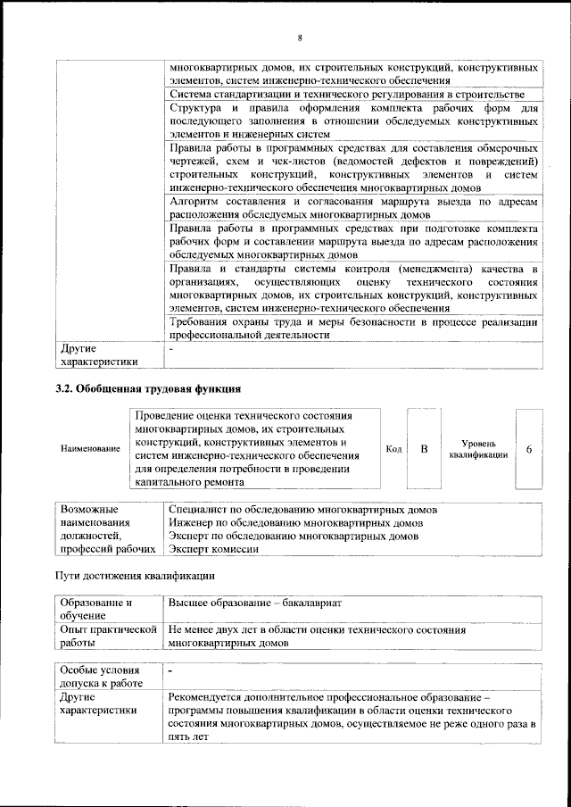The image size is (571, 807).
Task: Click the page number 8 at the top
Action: [x=300, y=38]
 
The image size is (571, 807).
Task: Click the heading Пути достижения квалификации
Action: [x=135, y=575]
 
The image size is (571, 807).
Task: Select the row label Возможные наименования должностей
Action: [x=103, y=529]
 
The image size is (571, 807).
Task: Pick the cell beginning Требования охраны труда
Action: [x=353, y=329]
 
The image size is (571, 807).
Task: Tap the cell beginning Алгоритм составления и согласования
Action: [x=353, y=209]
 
